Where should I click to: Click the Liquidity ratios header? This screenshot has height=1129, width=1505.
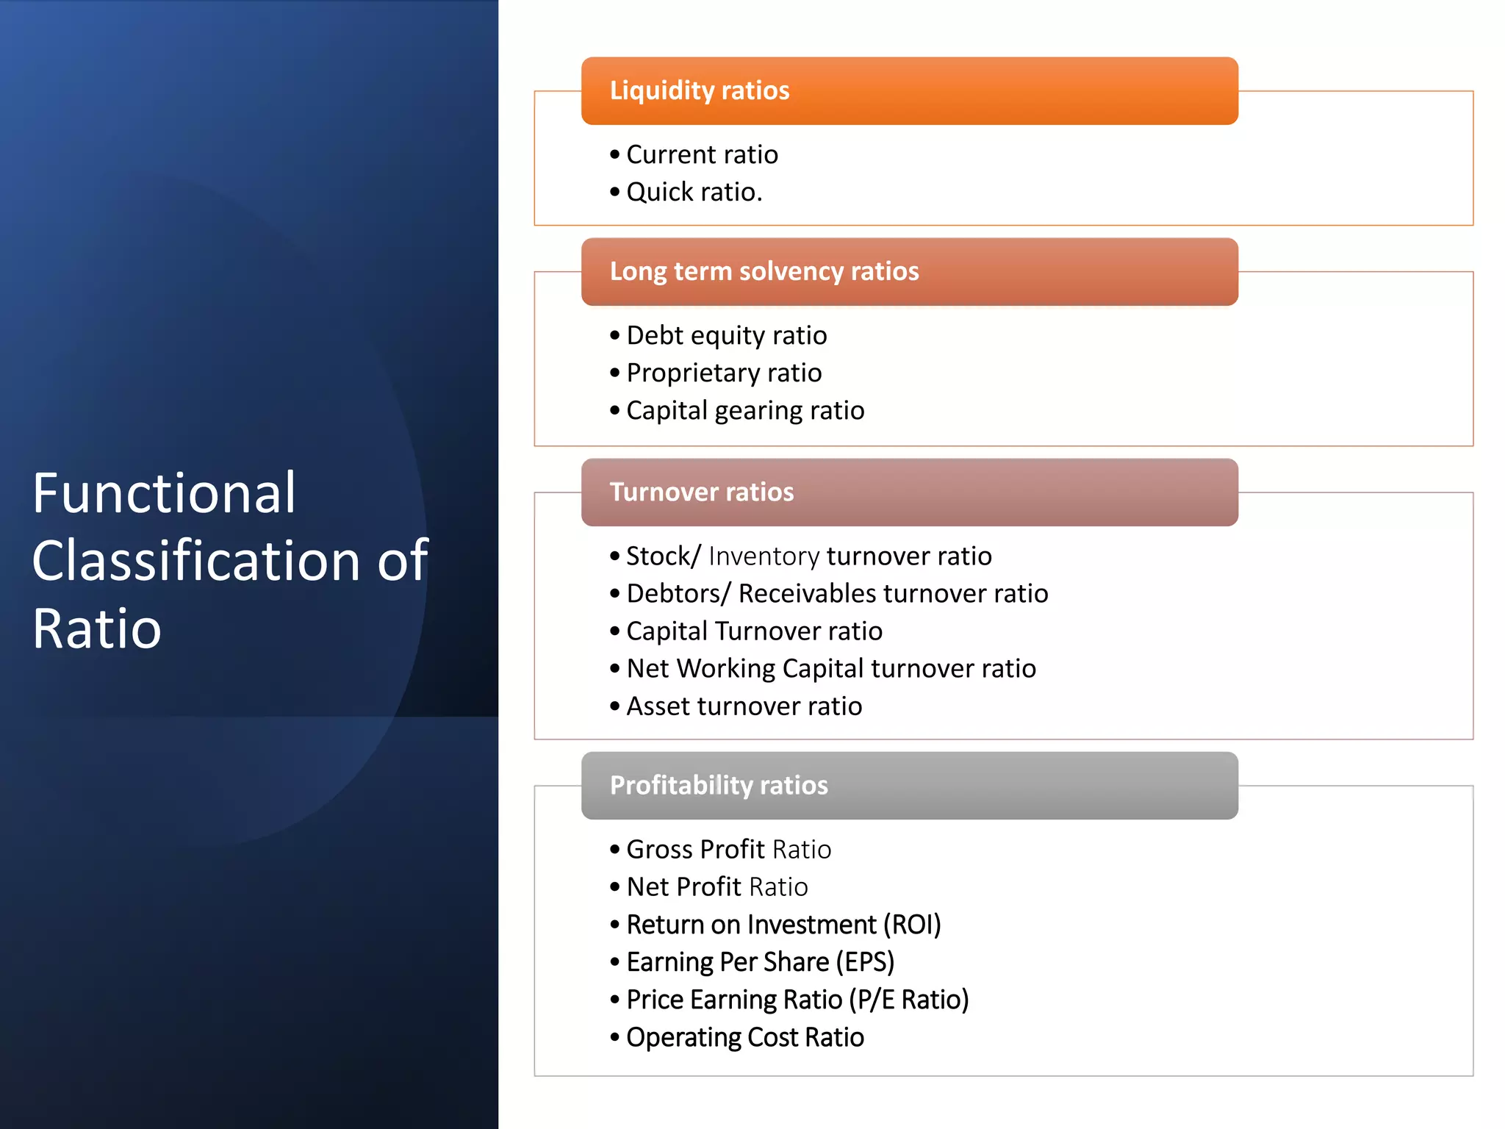click(x=700, y=90)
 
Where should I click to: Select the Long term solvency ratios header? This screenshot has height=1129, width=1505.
click(x=764, y=271)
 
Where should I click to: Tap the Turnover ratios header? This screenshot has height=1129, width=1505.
click(x=702, y=492)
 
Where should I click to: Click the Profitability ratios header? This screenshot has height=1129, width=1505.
click(x=719, y=785)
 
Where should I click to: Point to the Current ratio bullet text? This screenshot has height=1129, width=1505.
click(x=702, y=154)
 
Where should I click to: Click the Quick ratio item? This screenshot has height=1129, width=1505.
click(x=694, y=192)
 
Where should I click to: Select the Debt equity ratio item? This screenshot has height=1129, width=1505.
click(x=726, y=335)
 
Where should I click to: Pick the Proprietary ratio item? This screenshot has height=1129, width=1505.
click(x=724, y=373)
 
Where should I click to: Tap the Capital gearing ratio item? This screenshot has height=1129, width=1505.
click(x=744, y=410)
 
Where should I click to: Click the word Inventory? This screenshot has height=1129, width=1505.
click(x=764, y=556)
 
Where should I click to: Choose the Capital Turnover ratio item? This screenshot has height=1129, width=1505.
click(x=754, y=631)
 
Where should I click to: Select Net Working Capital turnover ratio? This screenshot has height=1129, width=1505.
click(x=830, y=668)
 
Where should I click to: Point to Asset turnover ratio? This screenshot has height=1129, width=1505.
click(x=744, y=706)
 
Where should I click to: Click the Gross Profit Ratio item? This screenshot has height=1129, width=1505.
click(x=728, y=849)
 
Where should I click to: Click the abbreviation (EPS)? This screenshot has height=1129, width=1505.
click(x=865, y=961)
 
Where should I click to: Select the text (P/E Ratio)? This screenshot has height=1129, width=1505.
click(x=909, y=1000)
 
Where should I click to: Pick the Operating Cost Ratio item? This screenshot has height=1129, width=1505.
click(x=744, y=1037)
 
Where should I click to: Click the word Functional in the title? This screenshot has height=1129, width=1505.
click(x=164, y=493)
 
